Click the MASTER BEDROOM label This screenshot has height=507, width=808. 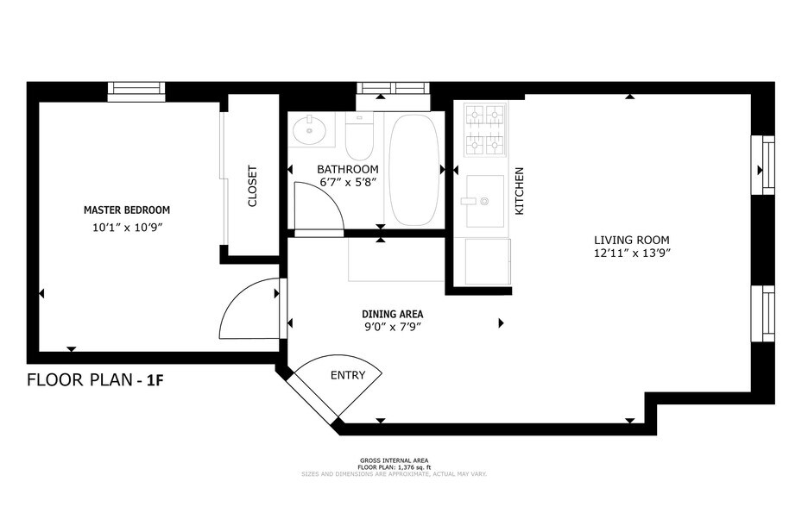click(126, 210)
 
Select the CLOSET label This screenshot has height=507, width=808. click(253, 186)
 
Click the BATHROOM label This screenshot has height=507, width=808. click(347, 169)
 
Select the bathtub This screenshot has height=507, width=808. click(413, 169)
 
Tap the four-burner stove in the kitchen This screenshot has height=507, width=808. click(484, 130)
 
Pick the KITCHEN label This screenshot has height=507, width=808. click(520, 191)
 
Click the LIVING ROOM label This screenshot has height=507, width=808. click(631, 240)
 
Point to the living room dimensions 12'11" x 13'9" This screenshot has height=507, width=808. click(631, 253)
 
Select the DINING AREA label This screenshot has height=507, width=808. click(392, 314)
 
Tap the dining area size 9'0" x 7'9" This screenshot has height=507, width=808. click(392, 327)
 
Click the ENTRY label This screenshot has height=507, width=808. click(348, 375)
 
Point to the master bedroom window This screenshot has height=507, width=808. click(136, 91)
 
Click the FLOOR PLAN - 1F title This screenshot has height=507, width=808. click(96, 379)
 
